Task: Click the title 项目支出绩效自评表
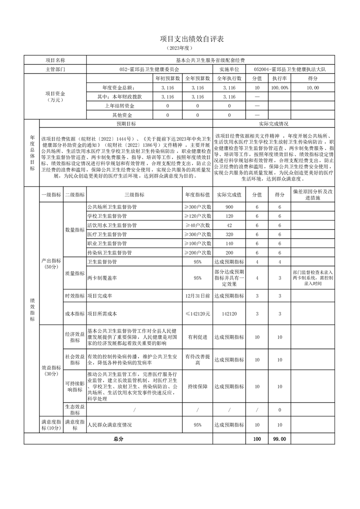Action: pyautogui.click(x=180, y=40)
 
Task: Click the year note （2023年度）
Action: pyautogui.click(x=180, y=48)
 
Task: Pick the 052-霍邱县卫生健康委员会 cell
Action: pyautogui.click(x=149, y=69)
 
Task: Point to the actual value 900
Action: pyautogui.click(x=229, y=207)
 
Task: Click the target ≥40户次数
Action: pyautogui.click(x=197, y=225)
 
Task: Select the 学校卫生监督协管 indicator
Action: pyautogui.click(x=108, y=216)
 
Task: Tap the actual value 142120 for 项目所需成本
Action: pyautogui.click(x=229, y=313)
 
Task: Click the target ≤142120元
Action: pyautogui.click(x=197, y=313)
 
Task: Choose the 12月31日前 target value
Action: pyautogui.click(x=197, y=296)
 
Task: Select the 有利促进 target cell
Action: pyautogui.click(x=197, y=337)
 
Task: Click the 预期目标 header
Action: pyautogui.click(x=126, y=123)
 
